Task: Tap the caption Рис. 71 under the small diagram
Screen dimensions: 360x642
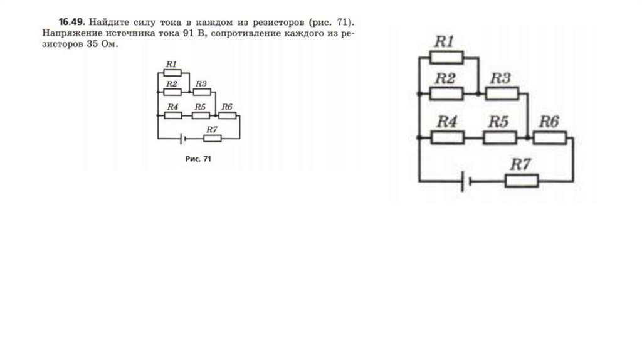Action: click(198, 159)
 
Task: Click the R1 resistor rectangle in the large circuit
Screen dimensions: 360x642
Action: click(446, 58)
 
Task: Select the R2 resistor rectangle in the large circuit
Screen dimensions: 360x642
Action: click(446, 94)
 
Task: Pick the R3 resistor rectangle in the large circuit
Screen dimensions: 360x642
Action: click(502, 94)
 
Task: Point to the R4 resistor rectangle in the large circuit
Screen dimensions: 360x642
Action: click(446, 137)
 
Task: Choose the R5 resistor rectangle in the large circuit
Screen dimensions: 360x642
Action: click(499, 137)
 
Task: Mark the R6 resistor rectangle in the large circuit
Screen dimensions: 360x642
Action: click(549, 137)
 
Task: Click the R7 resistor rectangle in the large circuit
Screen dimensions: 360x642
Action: click(521, 181)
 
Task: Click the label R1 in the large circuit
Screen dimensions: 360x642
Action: click(445, 42)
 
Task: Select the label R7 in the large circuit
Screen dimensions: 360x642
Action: click(521, 165)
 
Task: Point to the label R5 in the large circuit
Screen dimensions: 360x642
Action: click(498, 122)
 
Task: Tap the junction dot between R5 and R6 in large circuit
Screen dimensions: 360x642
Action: click(528, 137)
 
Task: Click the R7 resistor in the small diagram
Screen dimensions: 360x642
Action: click(213, 138)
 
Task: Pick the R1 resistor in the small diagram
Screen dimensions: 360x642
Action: click(172, 73)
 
